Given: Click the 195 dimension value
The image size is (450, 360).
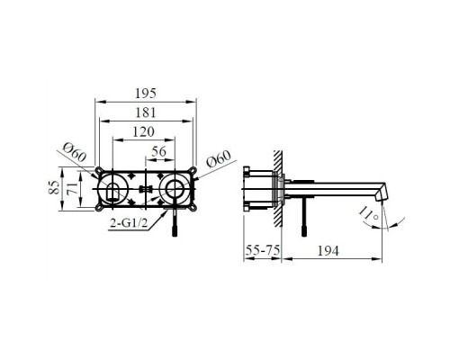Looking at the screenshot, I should (145, 94).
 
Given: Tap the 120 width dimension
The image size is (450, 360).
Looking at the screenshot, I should (139, 131).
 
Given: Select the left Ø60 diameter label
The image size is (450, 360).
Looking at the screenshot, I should (75, 155).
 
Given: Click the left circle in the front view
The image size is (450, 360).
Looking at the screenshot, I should (115, 189).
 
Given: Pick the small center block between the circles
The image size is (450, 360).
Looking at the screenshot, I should (143, 190).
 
